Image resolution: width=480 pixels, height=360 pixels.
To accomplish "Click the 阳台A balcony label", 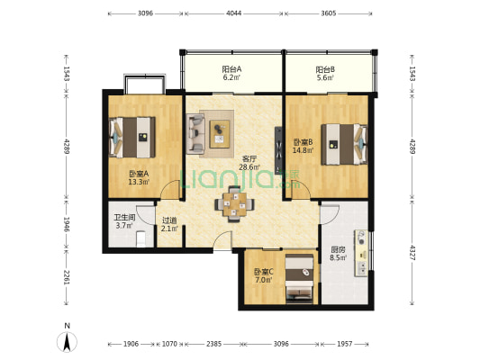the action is point(231,74).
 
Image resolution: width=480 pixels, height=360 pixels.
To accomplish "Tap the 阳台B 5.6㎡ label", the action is point(325,74).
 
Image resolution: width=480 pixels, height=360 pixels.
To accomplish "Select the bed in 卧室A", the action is point(132,138).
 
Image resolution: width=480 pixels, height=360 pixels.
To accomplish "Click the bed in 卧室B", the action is point(344,144).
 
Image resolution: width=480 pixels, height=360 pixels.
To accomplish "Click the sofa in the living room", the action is point(195,134).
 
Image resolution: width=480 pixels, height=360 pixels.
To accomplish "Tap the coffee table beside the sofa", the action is point(220,134).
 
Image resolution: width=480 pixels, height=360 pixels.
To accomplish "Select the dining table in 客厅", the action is point(234,204).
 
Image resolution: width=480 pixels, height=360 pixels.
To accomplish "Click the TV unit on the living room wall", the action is point(278,150).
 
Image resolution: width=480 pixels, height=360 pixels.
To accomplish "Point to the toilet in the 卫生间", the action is point(140,238).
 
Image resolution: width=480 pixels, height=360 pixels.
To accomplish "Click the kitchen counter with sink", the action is point(361,253).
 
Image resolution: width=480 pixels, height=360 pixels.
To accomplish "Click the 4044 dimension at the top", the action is point(233,13).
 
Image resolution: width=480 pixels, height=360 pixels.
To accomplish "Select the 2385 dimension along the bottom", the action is point(213,344).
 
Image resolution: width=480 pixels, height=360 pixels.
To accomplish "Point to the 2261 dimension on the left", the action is point(67,277).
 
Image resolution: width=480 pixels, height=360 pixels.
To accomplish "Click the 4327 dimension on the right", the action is point(412,252).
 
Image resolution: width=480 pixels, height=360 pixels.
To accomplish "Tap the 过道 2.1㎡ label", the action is point(169,224).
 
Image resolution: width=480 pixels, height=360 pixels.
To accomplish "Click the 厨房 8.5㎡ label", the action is point(338,253).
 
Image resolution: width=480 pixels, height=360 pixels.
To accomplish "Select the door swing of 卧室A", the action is point(170,190).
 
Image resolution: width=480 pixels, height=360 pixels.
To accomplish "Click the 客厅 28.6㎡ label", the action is point(249,163).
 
